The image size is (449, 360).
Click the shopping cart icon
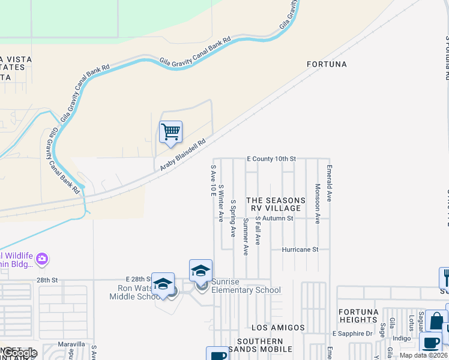(171, 132)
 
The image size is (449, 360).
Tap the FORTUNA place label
(327, 64)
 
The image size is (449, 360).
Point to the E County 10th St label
(272, 158)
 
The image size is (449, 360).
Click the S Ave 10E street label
(212, 181)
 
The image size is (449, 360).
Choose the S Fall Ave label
(258, 230)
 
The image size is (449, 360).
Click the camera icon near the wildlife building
(41, 259)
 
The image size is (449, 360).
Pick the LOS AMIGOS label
(278, 328)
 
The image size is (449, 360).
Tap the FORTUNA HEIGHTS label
(358, 316)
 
